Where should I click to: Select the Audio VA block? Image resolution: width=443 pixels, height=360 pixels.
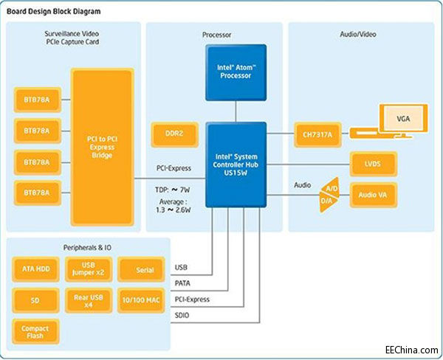(374, 195)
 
